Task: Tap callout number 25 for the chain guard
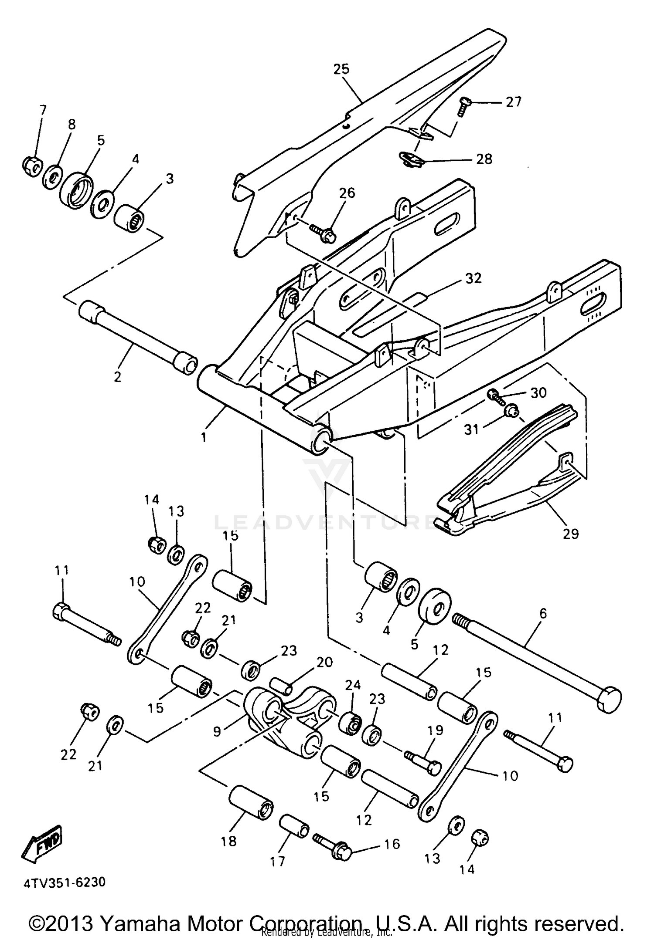click(341, 69)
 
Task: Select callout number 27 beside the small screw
click(513, 102)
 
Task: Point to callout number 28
click(484, 159)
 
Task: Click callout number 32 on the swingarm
click(473, 277)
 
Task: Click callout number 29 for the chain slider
click(570, 533)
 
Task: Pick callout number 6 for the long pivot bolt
click(543, 614)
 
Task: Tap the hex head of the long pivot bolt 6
click(610, 700)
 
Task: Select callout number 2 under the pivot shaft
click(117, 377)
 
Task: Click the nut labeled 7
click(31, 165)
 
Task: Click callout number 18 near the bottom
click(228, 841)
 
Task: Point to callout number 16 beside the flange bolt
click(392, 844)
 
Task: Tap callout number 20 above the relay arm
click(324, 663)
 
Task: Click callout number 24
click(353, 685)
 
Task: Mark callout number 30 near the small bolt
click(538, 392)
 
